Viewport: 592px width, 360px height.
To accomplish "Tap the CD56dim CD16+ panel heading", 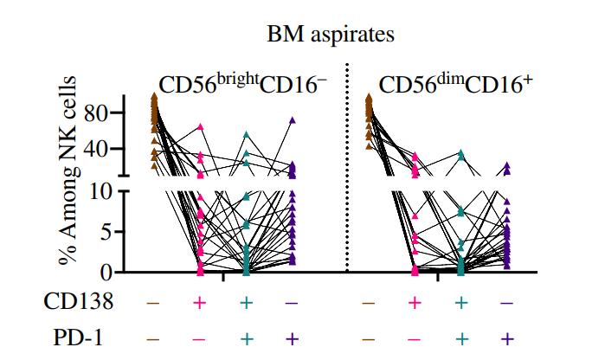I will tap(455, 85).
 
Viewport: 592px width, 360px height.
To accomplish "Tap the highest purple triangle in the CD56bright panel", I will tap(293, 120).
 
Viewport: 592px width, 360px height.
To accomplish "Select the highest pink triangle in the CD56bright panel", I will tap(201, 127).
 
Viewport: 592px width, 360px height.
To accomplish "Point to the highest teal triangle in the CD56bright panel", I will tap(246, 135).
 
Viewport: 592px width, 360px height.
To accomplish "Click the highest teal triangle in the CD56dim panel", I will tap(461, 152).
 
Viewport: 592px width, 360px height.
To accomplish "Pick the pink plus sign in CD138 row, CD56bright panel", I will tap(200, 302).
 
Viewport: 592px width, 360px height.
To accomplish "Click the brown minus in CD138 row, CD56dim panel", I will tap(369, 302).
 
